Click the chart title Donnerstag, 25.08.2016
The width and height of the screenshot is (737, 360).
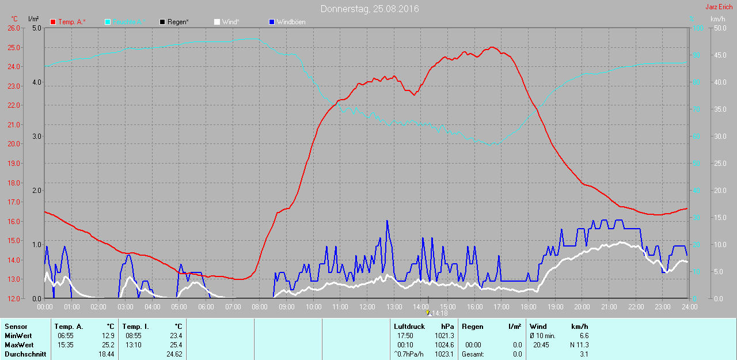coord(370,9)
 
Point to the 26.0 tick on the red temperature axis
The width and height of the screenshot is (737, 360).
coord(12,28)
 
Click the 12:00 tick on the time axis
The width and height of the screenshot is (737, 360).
coord(367,307)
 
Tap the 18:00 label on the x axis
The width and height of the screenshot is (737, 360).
coord(528,307)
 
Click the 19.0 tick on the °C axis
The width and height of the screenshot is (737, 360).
coord(12,163)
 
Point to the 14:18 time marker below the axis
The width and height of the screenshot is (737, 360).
coord(439,313)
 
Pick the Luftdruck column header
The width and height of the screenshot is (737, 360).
coord(409,327)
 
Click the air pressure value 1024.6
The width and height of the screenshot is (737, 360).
coord(443,345)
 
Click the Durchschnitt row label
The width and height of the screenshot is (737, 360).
coord(25,354)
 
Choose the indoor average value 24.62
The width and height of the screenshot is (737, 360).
coord(174,354)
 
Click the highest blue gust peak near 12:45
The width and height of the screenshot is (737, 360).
coord(387,221)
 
